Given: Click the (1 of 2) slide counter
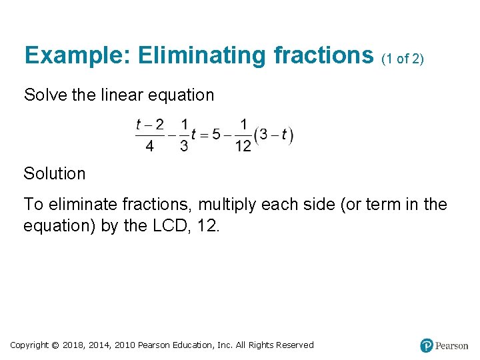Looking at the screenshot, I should [402, 59].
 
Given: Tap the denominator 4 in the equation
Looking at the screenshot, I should [149, 147].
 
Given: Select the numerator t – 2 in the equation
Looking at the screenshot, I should [149, 125].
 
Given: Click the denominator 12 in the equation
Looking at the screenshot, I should [243, 147].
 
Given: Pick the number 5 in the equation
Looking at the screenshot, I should [216, 135].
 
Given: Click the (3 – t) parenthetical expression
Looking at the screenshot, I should [274, 135].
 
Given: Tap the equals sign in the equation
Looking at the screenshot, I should [204, 135].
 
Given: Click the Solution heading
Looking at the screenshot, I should [55, 173].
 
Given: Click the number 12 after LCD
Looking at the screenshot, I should [208, 225].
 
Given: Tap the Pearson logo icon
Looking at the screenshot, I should [427, 345].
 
